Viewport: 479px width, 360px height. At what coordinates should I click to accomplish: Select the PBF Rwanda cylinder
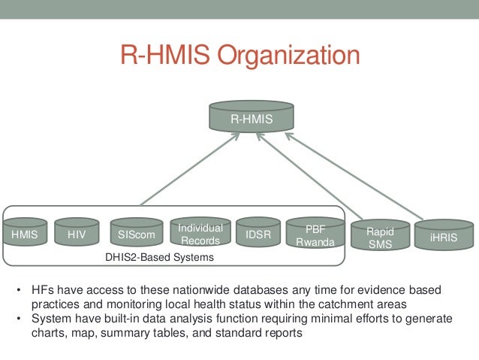315,234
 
